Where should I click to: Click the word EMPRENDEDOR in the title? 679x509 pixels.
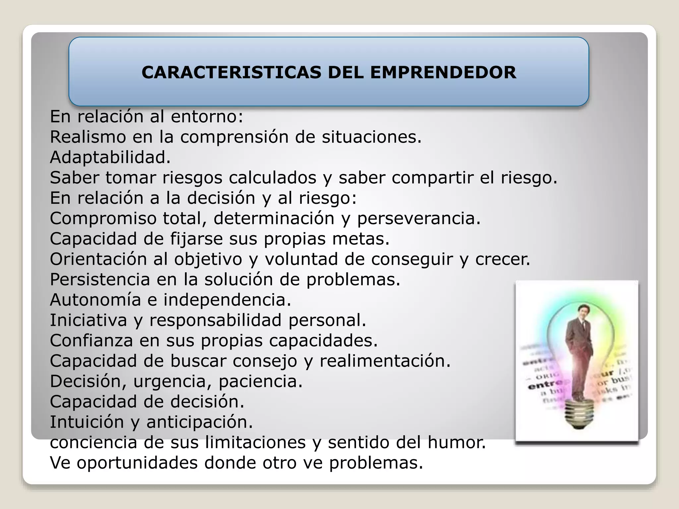(443, 73)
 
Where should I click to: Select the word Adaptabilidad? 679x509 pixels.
(110, 157)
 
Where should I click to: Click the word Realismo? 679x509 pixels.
(88, 137)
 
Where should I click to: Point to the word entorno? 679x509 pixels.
(207, 117)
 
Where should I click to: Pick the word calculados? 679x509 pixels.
(273, 178)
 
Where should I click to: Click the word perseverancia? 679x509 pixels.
(418, 219)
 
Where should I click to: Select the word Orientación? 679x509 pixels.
(98, 259)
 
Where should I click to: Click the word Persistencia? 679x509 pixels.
(100, 280)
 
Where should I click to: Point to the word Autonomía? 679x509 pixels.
(95, 300)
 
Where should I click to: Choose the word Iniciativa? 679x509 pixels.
(89, 320)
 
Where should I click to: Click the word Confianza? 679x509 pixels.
(91, 341)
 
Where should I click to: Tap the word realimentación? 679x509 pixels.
(385, 361)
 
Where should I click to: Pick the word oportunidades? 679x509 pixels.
(137, 463)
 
